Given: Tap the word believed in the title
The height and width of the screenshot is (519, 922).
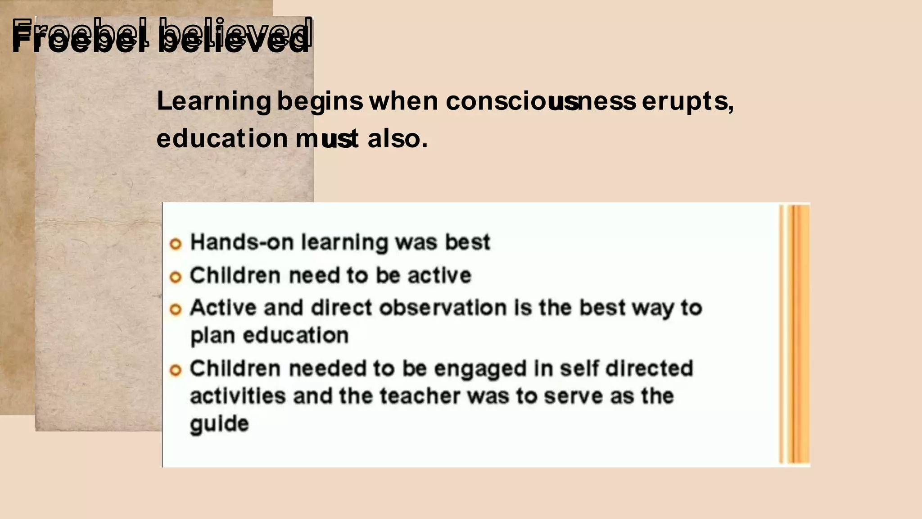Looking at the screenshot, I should [234, 36].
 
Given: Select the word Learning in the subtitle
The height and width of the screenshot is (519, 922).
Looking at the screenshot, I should [214, 101].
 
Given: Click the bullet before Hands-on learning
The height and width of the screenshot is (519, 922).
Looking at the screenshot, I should [176, 244].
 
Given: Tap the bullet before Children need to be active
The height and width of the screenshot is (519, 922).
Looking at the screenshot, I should [176, 277].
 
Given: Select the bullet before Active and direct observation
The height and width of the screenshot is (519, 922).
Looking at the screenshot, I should [176, 310].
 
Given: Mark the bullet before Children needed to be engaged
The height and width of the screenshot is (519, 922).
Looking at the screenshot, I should [176, 370].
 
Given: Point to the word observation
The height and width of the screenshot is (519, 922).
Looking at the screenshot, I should [443, 308].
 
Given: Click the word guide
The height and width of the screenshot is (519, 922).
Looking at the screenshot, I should [219, 424].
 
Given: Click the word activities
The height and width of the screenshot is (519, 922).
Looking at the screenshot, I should [238, 396].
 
